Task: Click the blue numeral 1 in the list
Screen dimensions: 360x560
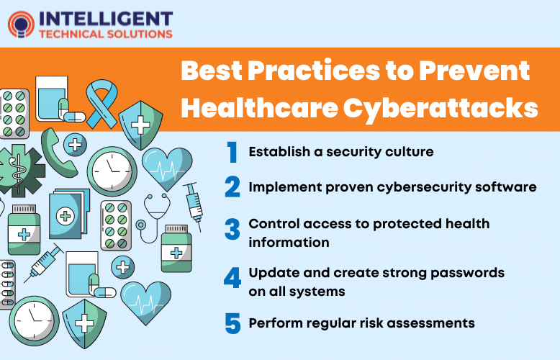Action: tap(232, 152)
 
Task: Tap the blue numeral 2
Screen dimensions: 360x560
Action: tap(232, 187)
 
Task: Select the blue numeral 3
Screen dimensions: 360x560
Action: tap(232, 230)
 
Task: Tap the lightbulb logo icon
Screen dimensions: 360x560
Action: tap(20, 24)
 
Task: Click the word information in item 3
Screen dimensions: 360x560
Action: tap(289, 242)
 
